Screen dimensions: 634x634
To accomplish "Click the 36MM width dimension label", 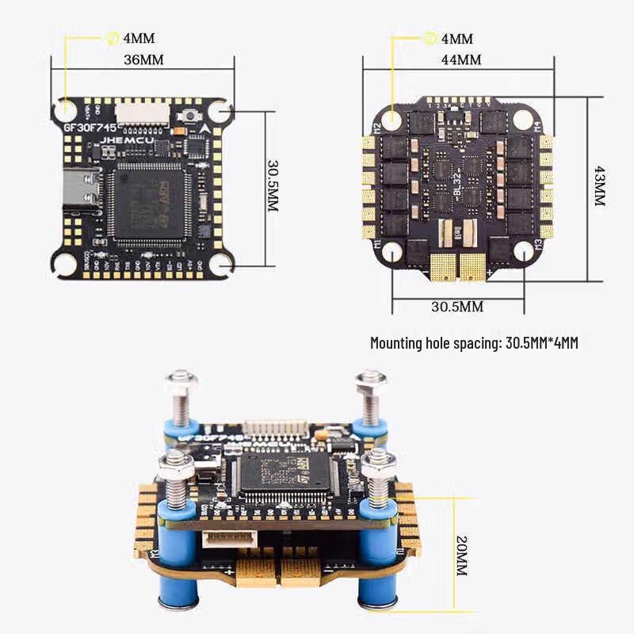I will pos(143,59).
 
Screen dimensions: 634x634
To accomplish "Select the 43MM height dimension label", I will pos(599,186).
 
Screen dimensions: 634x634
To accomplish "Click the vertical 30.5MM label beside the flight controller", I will pos(272,186).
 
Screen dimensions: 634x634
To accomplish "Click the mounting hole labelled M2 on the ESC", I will pos(391,120).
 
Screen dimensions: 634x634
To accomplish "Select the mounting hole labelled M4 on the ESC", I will pos(522,120).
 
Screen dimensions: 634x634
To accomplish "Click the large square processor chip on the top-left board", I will pos(150,203).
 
